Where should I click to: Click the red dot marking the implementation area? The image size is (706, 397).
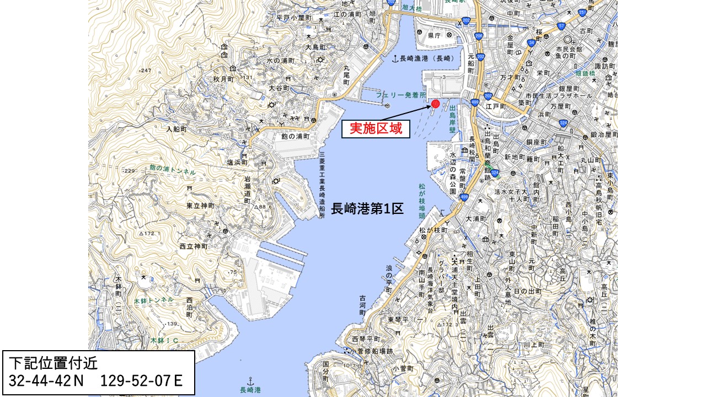(x=436, y=104)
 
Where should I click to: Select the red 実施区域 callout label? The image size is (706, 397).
(x=376, y=129)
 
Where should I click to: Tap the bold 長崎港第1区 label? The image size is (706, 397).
(x=367, y=209)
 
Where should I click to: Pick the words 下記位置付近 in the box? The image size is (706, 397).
(x=47, y=363)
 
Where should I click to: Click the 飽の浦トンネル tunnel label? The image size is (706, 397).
(x=172, y=170)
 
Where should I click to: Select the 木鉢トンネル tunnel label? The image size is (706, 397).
(x=153, y=301)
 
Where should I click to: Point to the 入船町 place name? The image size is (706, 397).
(x=178, y=129)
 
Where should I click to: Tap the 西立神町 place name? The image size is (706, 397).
(x=193, y=246)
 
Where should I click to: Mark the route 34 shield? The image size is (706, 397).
(x=531, y=42)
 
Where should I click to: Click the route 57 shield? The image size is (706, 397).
(x=561, y=26)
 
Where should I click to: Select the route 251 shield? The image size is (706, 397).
(x=583, y=12)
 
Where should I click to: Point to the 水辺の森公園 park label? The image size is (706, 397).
(x=453, y=174)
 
